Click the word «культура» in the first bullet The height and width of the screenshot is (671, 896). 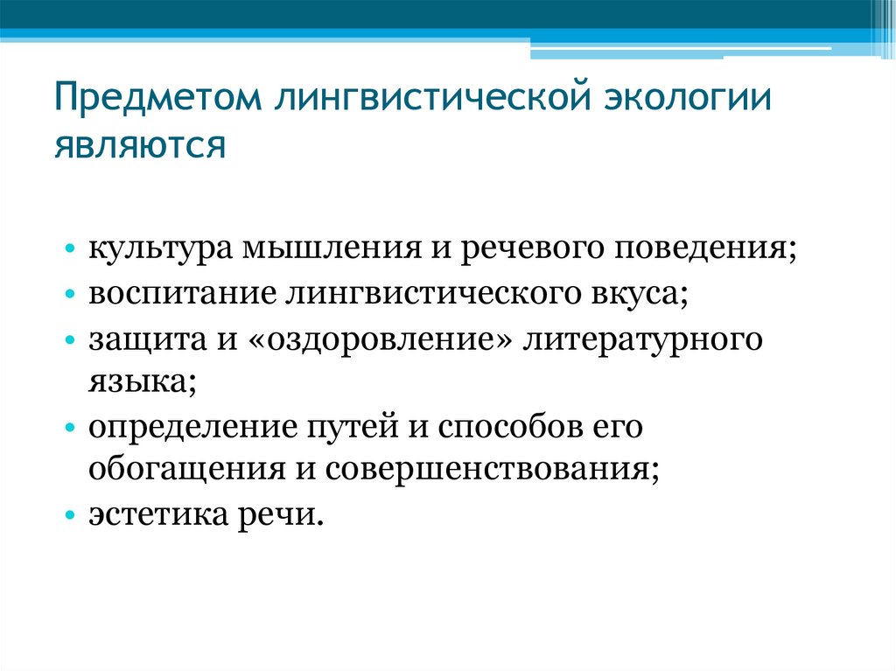pos(153,249)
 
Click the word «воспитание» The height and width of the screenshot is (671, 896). pos(179,293)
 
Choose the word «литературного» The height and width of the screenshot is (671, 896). pos(642,339)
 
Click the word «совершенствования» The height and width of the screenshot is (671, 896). pos(489,472)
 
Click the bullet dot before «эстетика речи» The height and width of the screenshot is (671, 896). pos(70,517)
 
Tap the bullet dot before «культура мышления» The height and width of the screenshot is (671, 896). pos(70,250)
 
